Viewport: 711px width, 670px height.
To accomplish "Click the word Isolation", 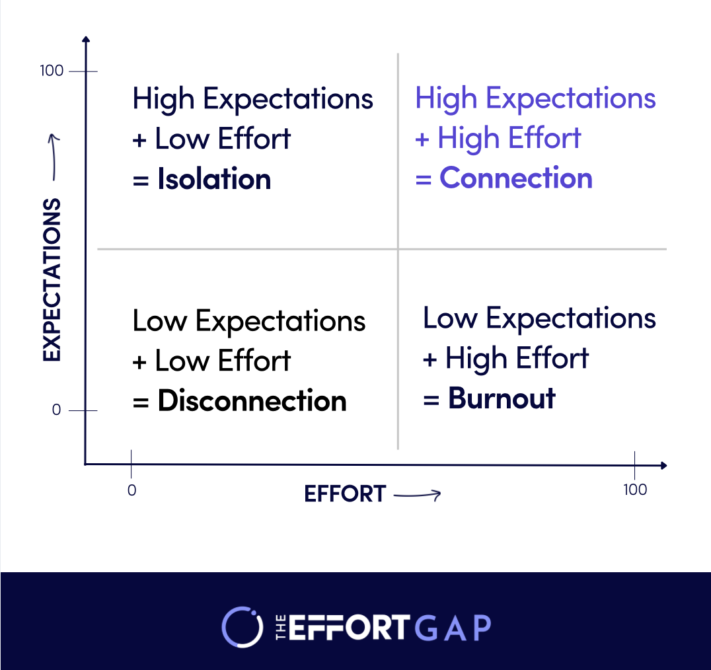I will coord(214,180).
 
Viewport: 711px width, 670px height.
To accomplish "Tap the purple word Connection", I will coord(516,178).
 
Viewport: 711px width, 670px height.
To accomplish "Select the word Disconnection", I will coord(252,401).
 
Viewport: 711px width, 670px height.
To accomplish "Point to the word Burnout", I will coord(502,398).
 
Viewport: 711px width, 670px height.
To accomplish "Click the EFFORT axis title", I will coord(345,494).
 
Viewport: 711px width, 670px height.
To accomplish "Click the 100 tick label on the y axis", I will coord(52,71).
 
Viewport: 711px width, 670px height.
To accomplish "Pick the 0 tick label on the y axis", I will coord(56,410).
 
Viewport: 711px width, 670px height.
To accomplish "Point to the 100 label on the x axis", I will coord(634,490).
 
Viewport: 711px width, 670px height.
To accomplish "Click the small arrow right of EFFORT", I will coord(417,494).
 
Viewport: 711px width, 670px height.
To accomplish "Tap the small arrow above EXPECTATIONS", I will coord(54,157).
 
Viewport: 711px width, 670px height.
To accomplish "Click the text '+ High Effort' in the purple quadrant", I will coord(498,139).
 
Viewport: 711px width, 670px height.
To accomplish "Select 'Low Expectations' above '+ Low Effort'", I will coord(249,321).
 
